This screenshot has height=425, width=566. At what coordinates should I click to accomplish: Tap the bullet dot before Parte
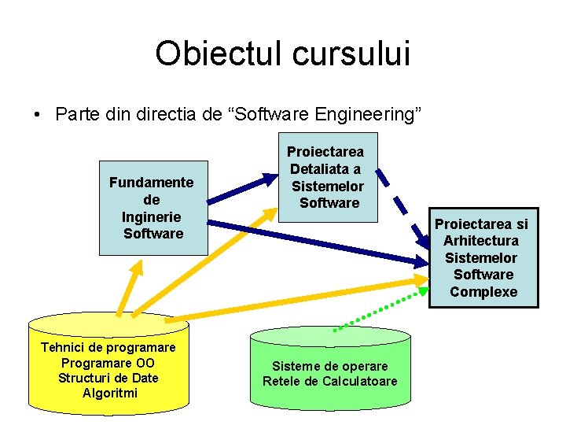37,115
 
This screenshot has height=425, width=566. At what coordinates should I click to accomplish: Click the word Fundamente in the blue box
151,182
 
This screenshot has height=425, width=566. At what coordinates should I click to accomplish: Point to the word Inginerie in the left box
152,216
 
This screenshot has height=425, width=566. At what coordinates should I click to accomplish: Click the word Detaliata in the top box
325,168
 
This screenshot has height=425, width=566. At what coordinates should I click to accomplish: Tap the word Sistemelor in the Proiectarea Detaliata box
328,186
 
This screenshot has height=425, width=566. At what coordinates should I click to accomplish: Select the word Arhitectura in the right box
481,240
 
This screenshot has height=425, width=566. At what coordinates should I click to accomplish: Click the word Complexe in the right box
483,292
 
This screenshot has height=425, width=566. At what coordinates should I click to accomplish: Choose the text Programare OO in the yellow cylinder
108,363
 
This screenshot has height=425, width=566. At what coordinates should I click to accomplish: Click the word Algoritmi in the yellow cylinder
109,393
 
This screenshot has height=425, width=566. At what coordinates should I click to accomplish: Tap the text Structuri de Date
108,378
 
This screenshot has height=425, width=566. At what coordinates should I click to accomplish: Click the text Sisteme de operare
330,366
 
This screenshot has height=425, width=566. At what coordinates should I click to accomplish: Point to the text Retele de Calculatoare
330,382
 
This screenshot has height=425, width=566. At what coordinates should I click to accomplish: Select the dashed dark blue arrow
402,201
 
